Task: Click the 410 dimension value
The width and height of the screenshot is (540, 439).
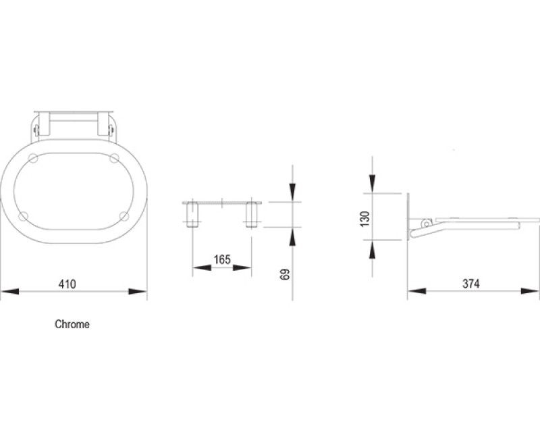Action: tap(67, 284)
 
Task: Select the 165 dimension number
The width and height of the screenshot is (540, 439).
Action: tap(222, 259)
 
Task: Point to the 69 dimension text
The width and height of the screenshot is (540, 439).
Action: tap(286, 274)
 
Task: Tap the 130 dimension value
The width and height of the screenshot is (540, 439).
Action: tap(365, 219)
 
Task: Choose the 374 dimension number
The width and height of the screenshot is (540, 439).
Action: tap(470, 284)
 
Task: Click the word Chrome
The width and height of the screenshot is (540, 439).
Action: tap(72, 324)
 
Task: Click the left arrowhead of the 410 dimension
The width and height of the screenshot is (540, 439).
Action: tap(10, 292)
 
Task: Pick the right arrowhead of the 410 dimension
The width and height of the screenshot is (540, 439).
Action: tap(138, 292)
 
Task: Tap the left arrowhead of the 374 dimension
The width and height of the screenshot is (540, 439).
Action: tap(416, 291)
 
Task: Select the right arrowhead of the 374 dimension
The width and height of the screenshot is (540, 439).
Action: tap(531, 291)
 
